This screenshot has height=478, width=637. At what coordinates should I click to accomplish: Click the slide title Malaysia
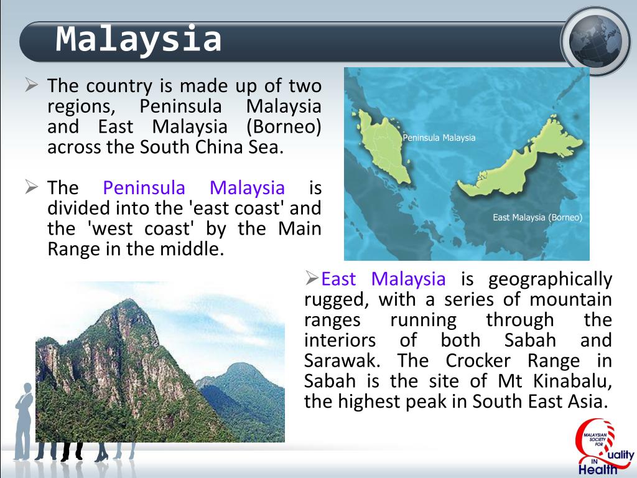point(139,39)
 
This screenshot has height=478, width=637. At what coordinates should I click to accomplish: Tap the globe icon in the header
point(595,42)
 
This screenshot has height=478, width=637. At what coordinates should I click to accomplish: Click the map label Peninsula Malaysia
point(439,138)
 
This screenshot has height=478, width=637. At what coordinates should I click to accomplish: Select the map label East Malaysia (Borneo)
point(537,217)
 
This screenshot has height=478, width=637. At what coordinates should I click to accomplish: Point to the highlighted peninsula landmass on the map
point(382,146)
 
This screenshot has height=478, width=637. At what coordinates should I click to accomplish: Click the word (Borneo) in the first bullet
point(284,126)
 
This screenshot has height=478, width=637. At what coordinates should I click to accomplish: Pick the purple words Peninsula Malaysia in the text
point(194,188)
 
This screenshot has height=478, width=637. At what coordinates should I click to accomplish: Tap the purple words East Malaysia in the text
point(383,279)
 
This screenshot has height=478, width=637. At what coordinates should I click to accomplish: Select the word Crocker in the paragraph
point(478,360)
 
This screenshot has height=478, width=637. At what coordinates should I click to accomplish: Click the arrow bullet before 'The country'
point(31,85)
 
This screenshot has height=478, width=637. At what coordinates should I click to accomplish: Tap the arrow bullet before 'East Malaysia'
point(312,278)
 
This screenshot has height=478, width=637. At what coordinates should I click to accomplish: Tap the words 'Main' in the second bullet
point(299,228)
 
